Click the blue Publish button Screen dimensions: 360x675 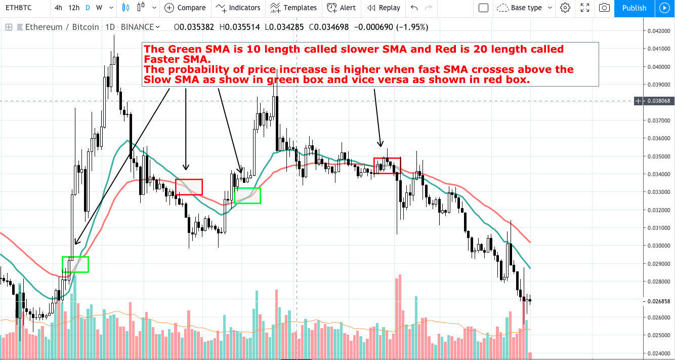(634, 8)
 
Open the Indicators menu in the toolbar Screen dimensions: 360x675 (238, 8)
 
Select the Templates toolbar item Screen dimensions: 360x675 (293, 8)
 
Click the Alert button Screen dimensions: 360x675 (341, 8)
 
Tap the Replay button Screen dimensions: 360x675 (384, 8)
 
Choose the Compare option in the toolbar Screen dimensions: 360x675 (185, 8)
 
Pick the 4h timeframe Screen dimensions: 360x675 (59, 8)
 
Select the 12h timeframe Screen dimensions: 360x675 (74, 8)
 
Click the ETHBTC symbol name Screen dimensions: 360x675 (20, 8)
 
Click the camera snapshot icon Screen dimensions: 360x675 (604, 8)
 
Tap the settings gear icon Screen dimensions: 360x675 (565, 8)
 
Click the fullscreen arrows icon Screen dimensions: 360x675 (584, 8)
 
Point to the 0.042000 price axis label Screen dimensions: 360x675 (657, 31)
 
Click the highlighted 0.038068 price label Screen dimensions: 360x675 (658, 101)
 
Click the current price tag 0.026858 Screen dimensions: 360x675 (658, 301)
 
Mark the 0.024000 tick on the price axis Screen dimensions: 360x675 (657, 353)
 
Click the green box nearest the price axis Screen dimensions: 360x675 (247, 195)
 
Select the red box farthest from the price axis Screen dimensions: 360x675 (189, 187)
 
